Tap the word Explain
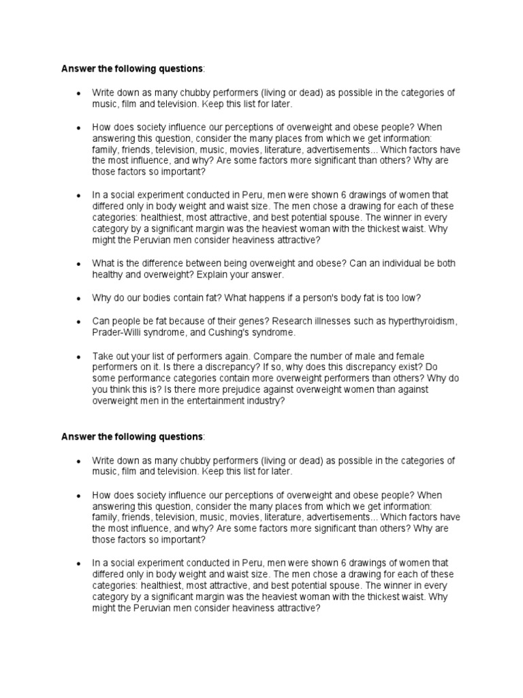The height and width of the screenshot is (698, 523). pos(201,274)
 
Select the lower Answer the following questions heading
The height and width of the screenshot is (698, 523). pos(132,436)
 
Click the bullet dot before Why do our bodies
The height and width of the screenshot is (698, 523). pos(79,299)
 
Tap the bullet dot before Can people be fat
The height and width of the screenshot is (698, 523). pos(79,322)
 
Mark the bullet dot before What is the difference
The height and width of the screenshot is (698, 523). pos(79,264)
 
